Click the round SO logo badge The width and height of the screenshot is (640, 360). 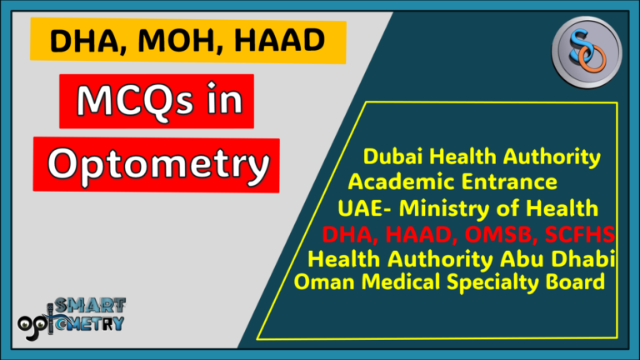(587, 51)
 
